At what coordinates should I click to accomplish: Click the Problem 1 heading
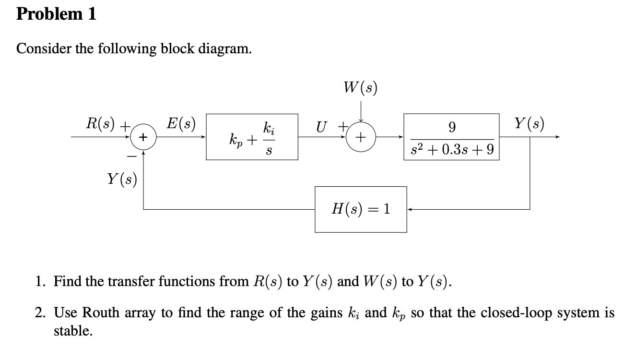pos(56,14)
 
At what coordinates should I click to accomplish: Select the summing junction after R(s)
pos(142,137)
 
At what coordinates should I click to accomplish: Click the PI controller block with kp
pos(252,137)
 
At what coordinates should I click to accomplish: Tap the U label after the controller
pos(321,127)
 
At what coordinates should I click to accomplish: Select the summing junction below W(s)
pos(361,137)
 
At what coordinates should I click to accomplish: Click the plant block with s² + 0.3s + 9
pos(451,137)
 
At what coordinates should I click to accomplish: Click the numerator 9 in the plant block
pos(451,127)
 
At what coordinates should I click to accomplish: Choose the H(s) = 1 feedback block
pos(361,209)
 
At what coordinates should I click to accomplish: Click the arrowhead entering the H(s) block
pos(410,209)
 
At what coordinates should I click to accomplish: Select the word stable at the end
pos(72,331)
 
